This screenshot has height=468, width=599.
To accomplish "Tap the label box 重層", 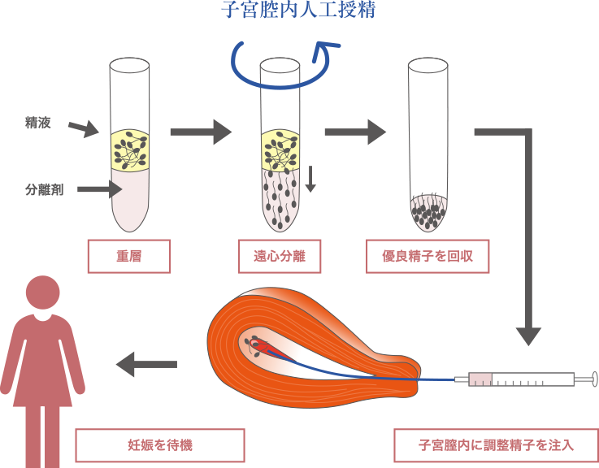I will pyautogui.click(x=129, y=256).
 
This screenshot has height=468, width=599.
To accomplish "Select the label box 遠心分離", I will pyautogui.click(x=278, y=256).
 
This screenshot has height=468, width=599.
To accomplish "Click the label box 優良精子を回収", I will pyautogui.click(x=428, y=256).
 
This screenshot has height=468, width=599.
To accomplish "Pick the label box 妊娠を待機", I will pyautogui.click(x=159, y=444).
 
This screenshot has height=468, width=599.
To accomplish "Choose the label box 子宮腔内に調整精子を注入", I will pyautogui.click(x=496, y=444).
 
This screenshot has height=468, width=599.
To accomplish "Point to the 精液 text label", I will pyautogui.click(x=37, y=123).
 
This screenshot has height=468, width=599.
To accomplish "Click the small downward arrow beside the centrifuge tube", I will pyautogui.click(x=310, y=179).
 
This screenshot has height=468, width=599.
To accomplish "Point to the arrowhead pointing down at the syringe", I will pyautogui.click(x=528, y=334).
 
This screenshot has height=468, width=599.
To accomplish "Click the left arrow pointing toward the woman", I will pyautogui.click(x=146, y=365).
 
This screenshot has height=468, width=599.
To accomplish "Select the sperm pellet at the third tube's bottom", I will pyautogui.click(x=429, y=214).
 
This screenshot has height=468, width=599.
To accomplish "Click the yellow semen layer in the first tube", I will pyautogui.click(x=130, y=149).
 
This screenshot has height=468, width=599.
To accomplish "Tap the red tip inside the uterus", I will pyautogui.click(x=264, y=348).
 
